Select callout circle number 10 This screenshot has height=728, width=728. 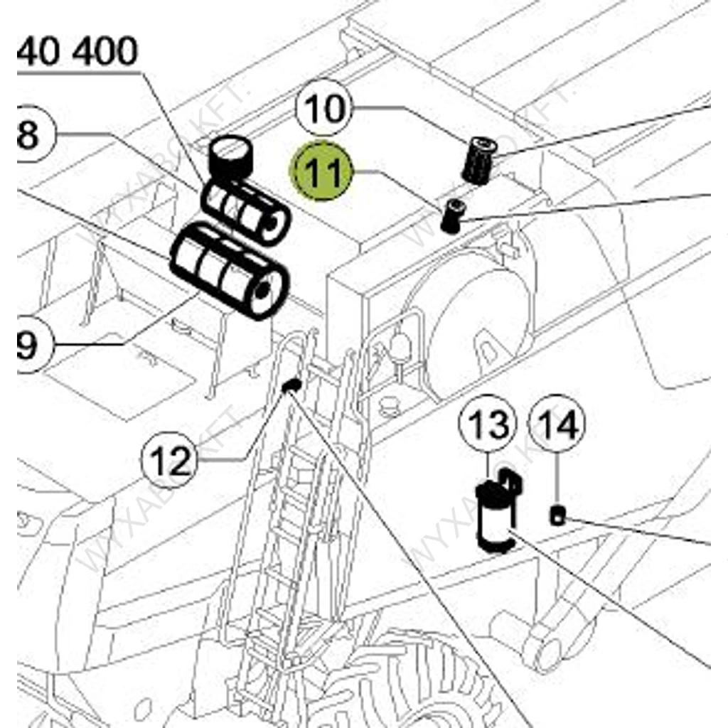pyautogui.click(x=324, y=109)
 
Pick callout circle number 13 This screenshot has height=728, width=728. pyautogui.click(x=488, y=424)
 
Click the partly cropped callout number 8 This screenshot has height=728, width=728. pyautogui.click(x=28, y=135)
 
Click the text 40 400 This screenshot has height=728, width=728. pyautogui.click(x=78, y=53)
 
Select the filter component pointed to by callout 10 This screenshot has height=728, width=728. pyautogui.click(x=478, y=161)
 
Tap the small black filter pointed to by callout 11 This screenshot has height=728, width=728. pyautogui.click(x=451, y=215)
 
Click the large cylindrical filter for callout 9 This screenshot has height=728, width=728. pyautogui.click(x=229, y=270)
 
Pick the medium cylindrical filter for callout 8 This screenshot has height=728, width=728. pyautogui.click(x=245, y=213)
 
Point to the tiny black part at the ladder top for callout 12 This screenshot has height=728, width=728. pyautogui.click(x=291, y=386)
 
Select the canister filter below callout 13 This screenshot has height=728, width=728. pyautogui.click(x=495, y=515)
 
